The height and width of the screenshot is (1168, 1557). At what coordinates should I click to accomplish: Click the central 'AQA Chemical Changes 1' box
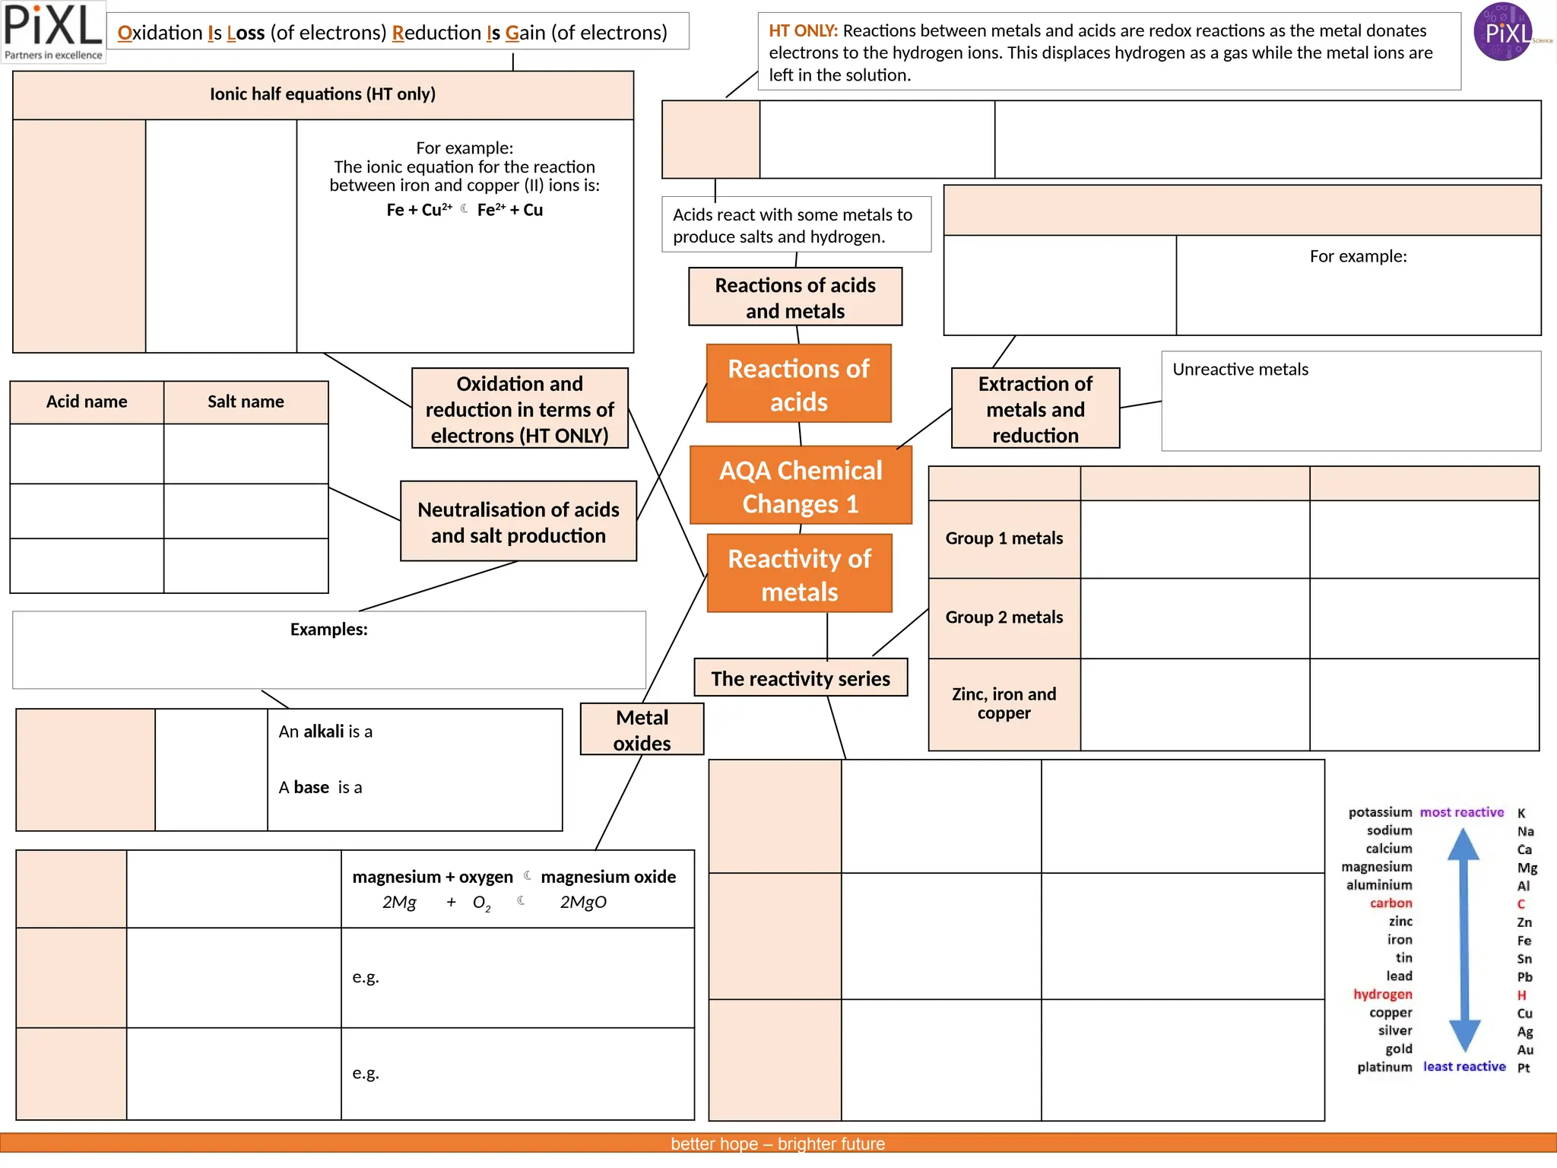[x=801, y=486]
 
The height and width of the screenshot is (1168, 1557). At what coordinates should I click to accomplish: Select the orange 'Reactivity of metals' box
[x=799, y=574]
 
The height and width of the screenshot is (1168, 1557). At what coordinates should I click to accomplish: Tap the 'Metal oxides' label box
[x=642, y=729]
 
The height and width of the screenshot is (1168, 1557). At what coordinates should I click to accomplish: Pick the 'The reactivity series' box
[x=801, y=678]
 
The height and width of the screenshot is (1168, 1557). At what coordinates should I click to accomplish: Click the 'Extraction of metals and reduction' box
[x=1035, y=409]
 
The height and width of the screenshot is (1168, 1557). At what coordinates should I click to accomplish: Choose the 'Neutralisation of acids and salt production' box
[x=518, y=522]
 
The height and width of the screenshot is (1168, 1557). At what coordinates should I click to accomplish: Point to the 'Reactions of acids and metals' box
[x=795, y=297]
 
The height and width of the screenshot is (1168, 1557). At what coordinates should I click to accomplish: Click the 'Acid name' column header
[x=87, y=401]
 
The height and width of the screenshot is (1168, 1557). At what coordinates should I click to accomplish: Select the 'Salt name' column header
[x=246, y=401]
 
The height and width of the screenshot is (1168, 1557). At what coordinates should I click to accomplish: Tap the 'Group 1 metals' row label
[x=1004, y=538]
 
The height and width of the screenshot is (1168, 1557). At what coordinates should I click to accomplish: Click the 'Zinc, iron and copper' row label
[x=1004, y=703]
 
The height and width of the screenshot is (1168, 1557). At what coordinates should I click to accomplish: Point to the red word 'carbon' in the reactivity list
[x=1391, y=903]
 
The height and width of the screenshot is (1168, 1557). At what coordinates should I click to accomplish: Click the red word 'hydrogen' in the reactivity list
[x=1382, y=995]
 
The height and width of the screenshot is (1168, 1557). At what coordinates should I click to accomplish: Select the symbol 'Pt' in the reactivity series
[x=1524, y=1068]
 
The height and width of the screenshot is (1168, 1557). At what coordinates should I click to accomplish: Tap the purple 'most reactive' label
[x=1461, y=812]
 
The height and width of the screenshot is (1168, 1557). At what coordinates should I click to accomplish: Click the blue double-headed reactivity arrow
[x=1463, y=939]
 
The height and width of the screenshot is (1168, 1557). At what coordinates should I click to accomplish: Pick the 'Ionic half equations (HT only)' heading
[x=322, y=94]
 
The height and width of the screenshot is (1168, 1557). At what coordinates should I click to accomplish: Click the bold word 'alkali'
[x=324, y=732]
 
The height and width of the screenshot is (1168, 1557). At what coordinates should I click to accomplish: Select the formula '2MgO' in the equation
[x=583, y=903]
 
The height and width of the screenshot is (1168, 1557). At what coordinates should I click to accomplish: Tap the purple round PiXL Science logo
[x=1502, y=32]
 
